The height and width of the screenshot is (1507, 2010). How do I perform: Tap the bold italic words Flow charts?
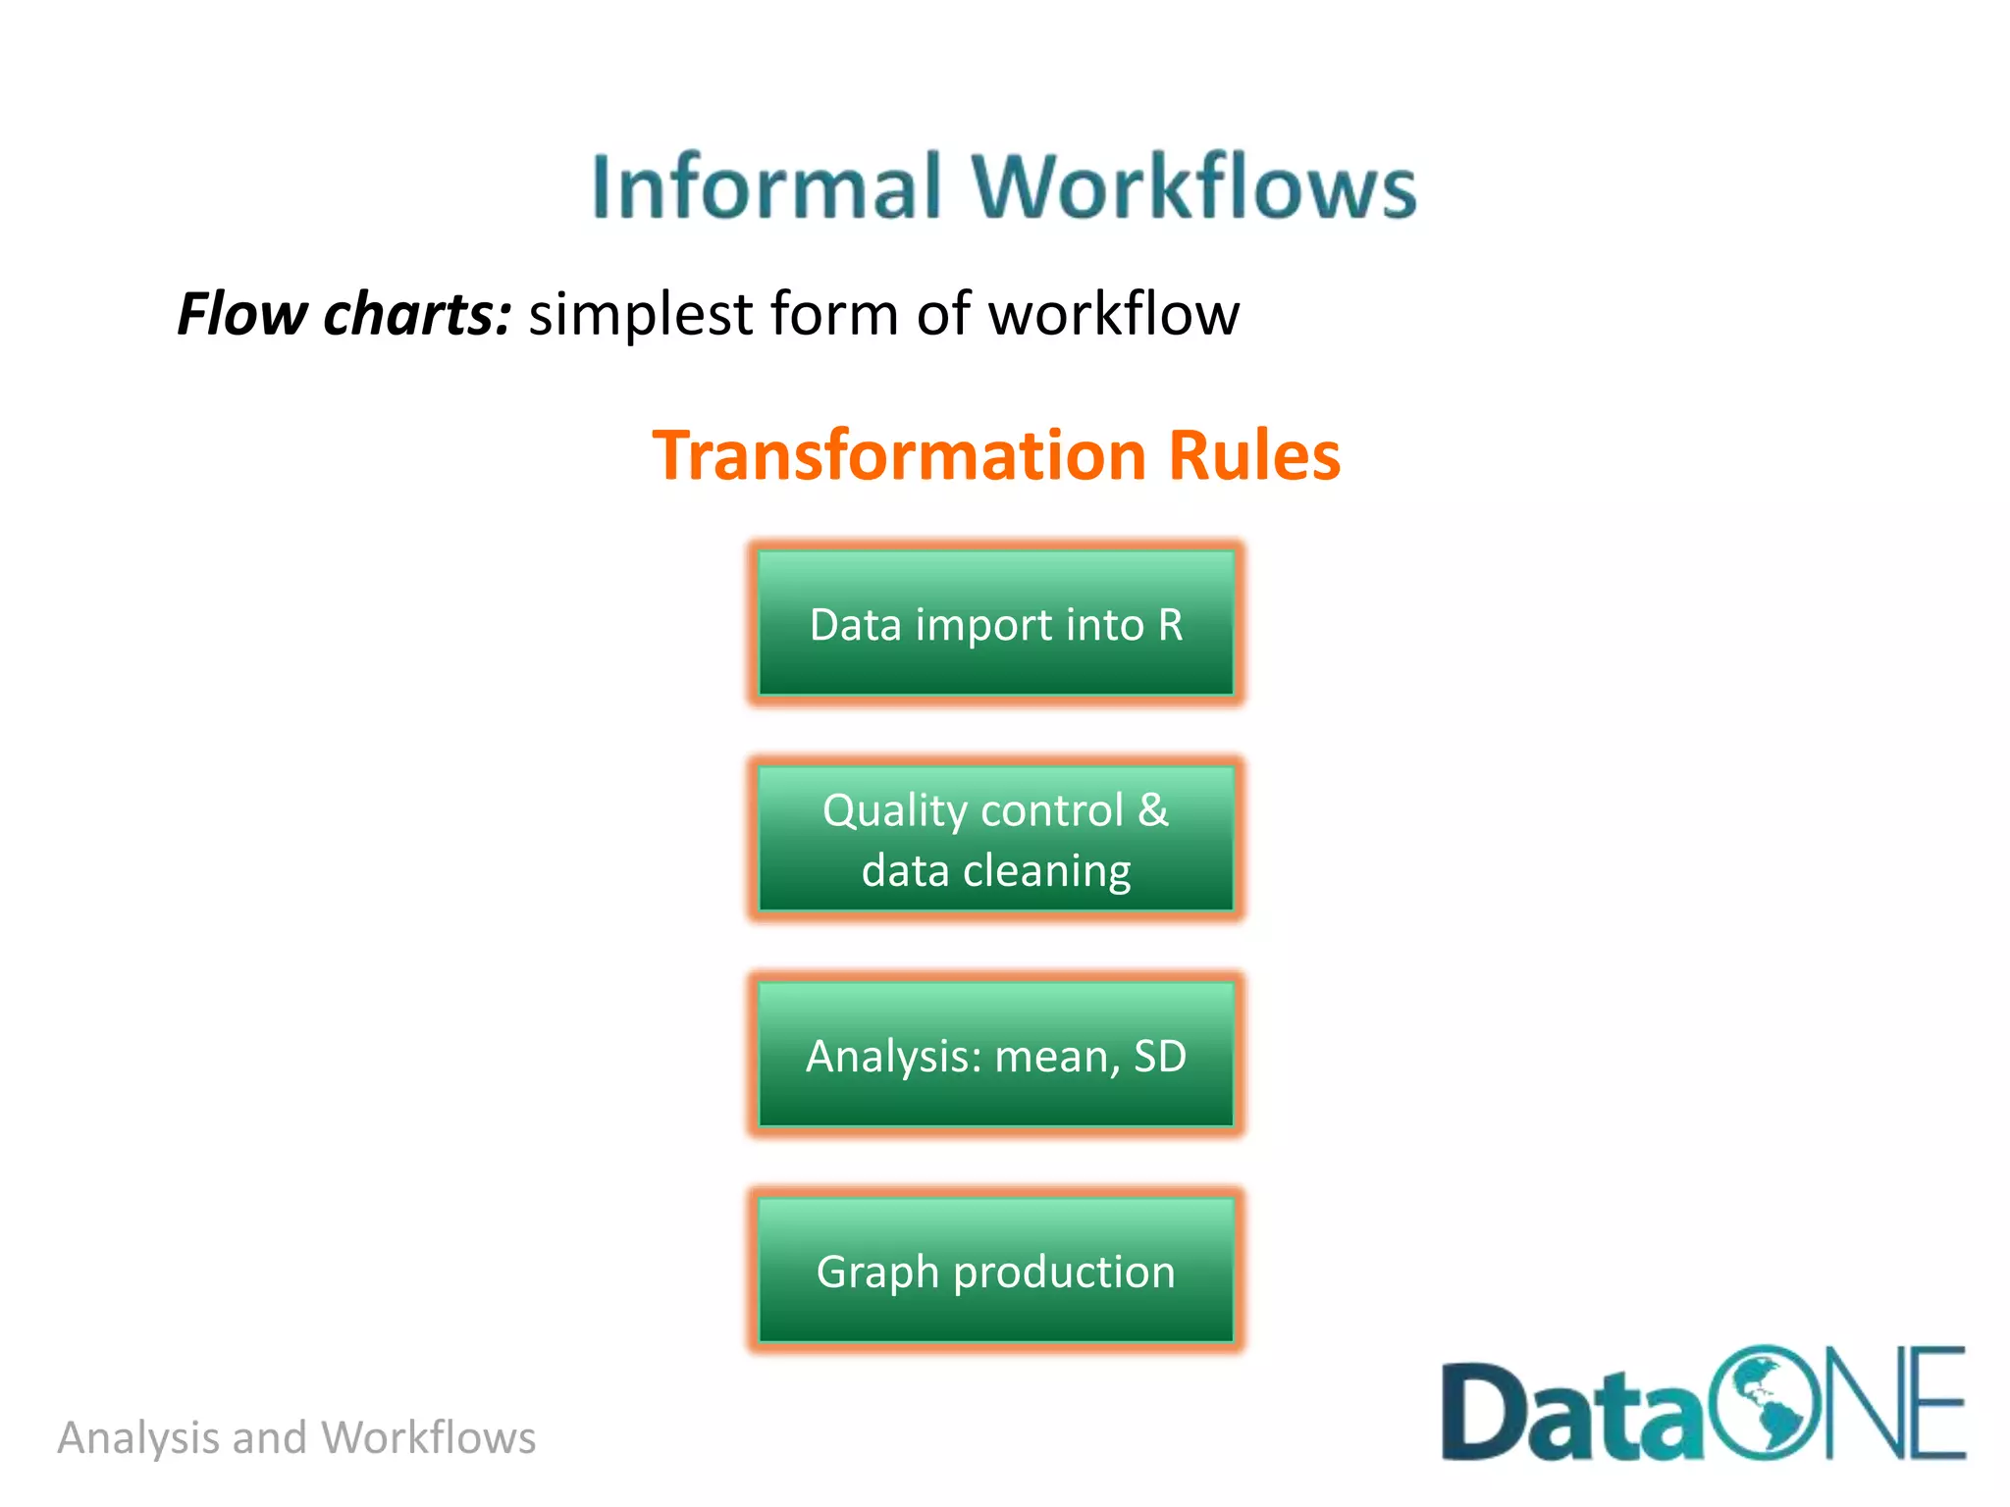[x=344, y=314]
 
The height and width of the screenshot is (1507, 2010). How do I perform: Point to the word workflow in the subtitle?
[x=1113, y=314]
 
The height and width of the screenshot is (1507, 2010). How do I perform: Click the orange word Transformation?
[x=900, y=455]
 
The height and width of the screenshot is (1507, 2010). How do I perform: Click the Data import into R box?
[x=995, y=624]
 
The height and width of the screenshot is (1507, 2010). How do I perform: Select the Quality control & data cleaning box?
[x=995, y=840]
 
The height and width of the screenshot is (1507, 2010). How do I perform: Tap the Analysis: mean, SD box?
[x=995, y=1056]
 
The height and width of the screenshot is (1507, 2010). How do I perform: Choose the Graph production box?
[x=995, y=1272]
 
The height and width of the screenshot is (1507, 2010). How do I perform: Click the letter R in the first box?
[x=1170, y=625]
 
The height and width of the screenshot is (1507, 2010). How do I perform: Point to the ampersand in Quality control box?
[x=1153, y=810]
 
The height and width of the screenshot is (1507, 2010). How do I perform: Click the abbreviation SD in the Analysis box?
[x=1160, y=1057]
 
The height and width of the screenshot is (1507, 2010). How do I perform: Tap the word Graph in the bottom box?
[x=877, y=1273]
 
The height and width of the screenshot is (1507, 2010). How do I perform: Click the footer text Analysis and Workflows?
[x=296, y=1438]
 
